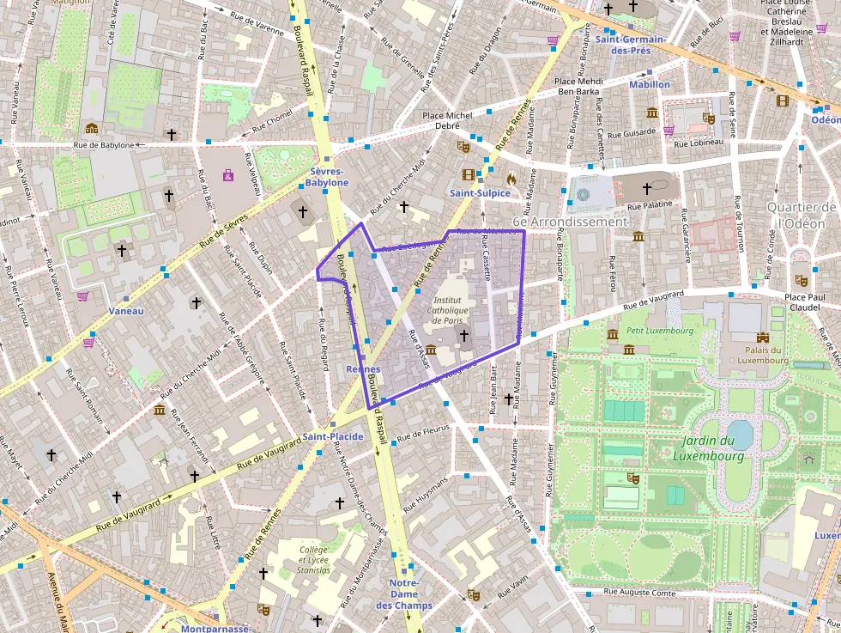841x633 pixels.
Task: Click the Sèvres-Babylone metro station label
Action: (328, 177)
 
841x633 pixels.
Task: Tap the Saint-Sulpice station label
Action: (480, 193)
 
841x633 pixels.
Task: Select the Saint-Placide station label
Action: (332, 437)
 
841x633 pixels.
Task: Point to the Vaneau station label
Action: (127, 311)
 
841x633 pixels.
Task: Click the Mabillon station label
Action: (650, 84)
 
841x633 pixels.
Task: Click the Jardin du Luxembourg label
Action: (708, 448)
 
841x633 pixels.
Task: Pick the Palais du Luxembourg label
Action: (762, 355)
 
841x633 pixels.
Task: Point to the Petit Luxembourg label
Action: (647, 330)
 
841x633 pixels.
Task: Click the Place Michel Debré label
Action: (447, 120)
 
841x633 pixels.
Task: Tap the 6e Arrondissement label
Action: (570, 222)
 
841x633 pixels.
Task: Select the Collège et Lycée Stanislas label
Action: (314, 559)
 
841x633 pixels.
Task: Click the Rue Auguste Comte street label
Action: (639, 592)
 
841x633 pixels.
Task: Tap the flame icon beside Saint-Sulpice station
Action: (512, 180)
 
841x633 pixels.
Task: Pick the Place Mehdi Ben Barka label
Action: (580, 86)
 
